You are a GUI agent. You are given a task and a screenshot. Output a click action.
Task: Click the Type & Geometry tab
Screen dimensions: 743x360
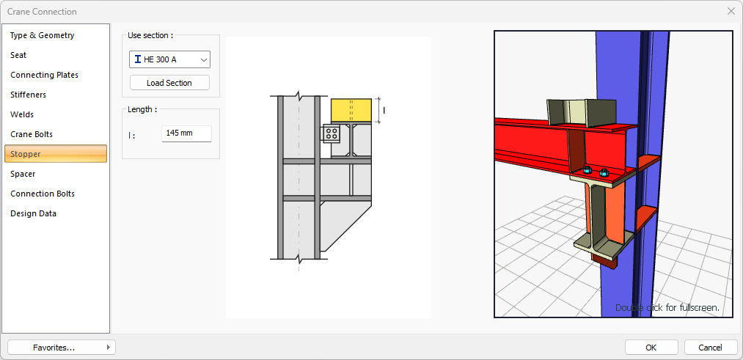(x=42, y=35)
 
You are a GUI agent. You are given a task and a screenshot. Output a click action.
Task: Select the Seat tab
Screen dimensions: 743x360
(x=18, y=56)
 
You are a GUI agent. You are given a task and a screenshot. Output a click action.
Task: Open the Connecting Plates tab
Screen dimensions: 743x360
(x=44, y=75)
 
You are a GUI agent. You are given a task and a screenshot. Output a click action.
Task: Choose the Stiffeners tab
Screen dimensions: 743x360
(x=28, y=95)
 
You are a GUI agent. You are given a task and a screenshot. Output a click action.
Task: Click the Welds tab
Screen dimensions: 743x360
(x=22, y=114)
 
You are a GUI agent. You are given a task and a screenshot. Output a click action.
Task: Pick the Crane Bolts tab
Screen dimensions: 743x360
(x=32, y=134)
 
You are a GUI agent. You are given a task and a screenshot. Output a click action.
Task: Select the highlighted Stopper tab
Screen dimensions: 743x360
(x=56, y=154)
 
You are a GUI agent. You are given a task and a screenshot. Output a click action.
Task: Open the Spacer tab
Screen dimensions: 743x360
(x=23, y=174)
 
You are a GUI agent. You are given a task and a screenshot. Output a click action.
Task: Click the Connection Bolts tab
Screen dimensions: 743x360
(x=42, y=194)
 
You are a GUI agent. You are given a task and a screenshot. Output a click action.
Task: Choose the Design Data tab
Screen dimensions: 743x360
(x=33, y=213)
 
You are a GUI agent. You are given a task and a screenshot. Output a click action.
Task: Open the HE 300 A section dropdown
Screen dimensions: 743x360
(x=169, y=59)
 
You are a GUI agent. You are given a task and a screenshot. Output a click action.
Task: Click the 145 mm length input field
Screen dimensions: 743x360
(x=186, y=133)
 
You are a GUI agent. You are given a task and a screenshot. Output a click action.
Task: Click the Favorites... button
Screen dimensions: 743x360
(x=62, y=348)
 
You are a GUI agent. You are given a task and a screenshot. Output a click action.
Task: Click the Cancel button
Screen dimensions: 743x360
(x=710, y=348)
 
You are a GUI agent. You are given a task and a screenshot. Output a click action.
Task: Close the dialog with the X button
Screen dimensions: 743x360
(x=731, y=12)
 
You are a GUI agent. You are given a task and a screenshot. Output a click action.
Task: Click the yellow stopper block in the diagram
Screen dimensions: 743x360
(x=351, y=111)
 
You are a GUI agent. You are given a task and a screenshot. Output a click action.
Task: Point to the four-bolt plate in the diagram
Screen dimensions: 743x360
(x=332, y=133)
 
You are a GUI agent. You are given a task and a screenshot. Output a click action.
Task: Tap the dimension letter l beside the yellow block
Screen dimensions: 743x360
(x=384, y=111)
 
